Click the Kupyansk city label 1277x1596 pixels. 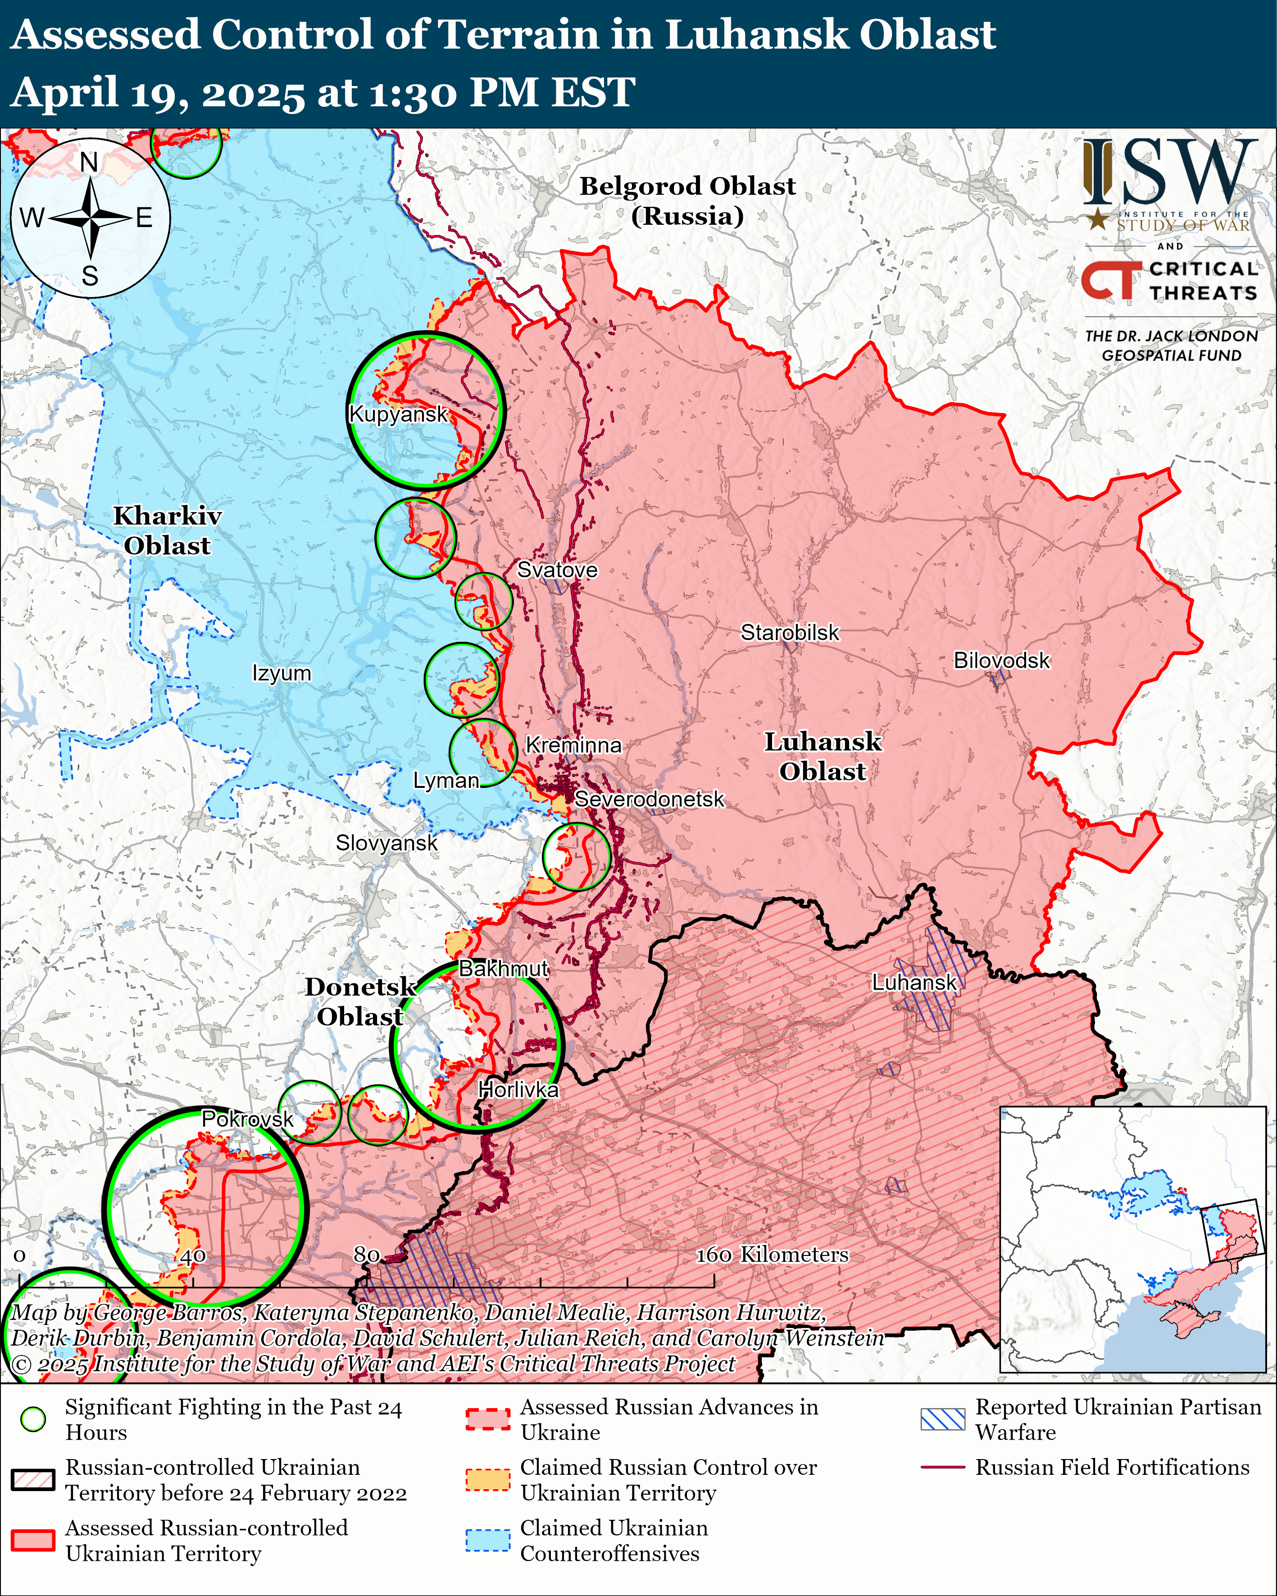pos(398,414)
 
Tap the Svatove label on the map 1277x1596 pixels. pos(557,570)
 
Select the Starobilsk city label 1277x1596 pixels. pos(790,633)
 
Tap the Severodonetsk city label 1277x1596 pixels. pos(649,800)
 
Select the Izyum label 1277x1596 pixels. pos(282,673)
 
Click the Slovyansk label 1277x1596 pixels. pos(386,843)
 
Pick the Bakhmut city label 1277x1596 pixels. pos(504,968)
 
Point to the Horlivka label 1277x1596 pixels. pos(518,1090)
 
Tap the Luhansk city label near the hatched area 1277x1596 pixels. pos(914,982)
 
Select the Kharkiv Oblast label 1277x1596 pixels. pos(167,531)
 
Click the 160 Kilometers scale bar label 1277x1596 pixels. pos(772,1255)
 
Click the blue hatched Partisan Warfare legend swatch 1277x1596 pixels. pos(942,1419)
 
